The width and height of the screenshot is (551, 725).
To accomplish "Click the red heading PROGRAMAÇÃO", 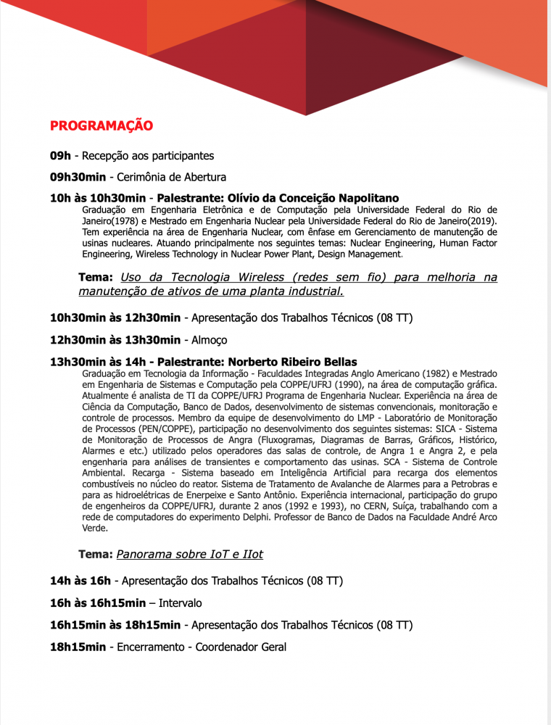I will click(101, 125).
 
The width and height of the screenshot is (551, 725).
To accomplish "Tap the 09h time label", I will click(60, 156).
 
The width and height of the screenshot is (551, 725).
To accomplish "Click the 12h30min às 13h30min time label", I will click(115, 340).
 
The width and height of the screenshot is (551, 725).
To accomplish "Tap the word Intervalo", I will click(180, 603).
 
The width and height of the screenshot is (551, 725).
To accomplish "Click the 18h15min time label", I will click(78, 647).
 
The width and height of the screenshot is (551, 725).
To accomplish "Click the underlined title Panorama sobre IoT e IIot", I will click(189, 555).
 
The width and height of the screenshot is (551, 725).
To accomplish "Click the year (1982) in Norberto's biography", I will click(397, 373).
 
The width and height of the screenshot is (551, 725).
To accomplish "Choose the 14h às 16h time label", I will click(80, 581).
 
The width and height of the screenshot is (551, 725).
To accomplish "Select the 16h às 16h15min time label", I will click(98, 603).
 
